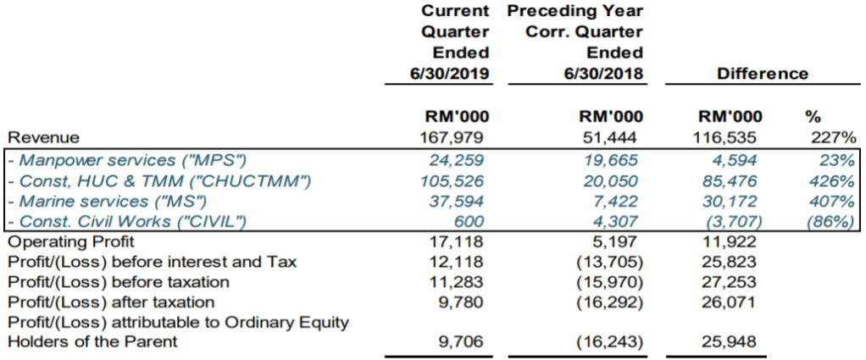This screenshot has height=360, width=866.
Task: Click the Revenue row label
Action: tap(43, 137)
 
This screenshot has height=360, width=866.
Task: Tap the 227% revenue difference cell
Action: tap(835, 137)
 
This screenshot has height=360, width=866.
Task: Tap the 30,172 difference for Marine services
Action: tap(735, 202)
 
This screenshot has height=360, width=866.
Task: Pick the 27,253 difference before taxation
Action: tap(735, 282)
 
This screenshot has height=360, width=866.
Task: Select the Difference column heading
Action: tap(762, 74)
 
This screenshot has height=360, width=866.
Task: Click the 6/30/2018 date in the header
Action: tap(602, 74)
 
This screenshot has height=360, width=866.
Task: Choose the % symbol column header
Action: tap(813, 117)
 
